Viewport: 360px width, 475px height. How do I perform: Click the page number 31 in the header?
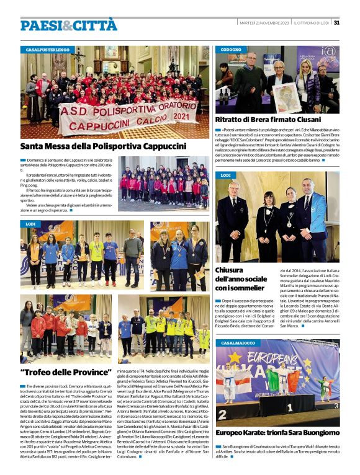336,23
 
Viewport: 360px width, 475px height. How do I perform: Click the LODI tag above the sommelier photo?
225,175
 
